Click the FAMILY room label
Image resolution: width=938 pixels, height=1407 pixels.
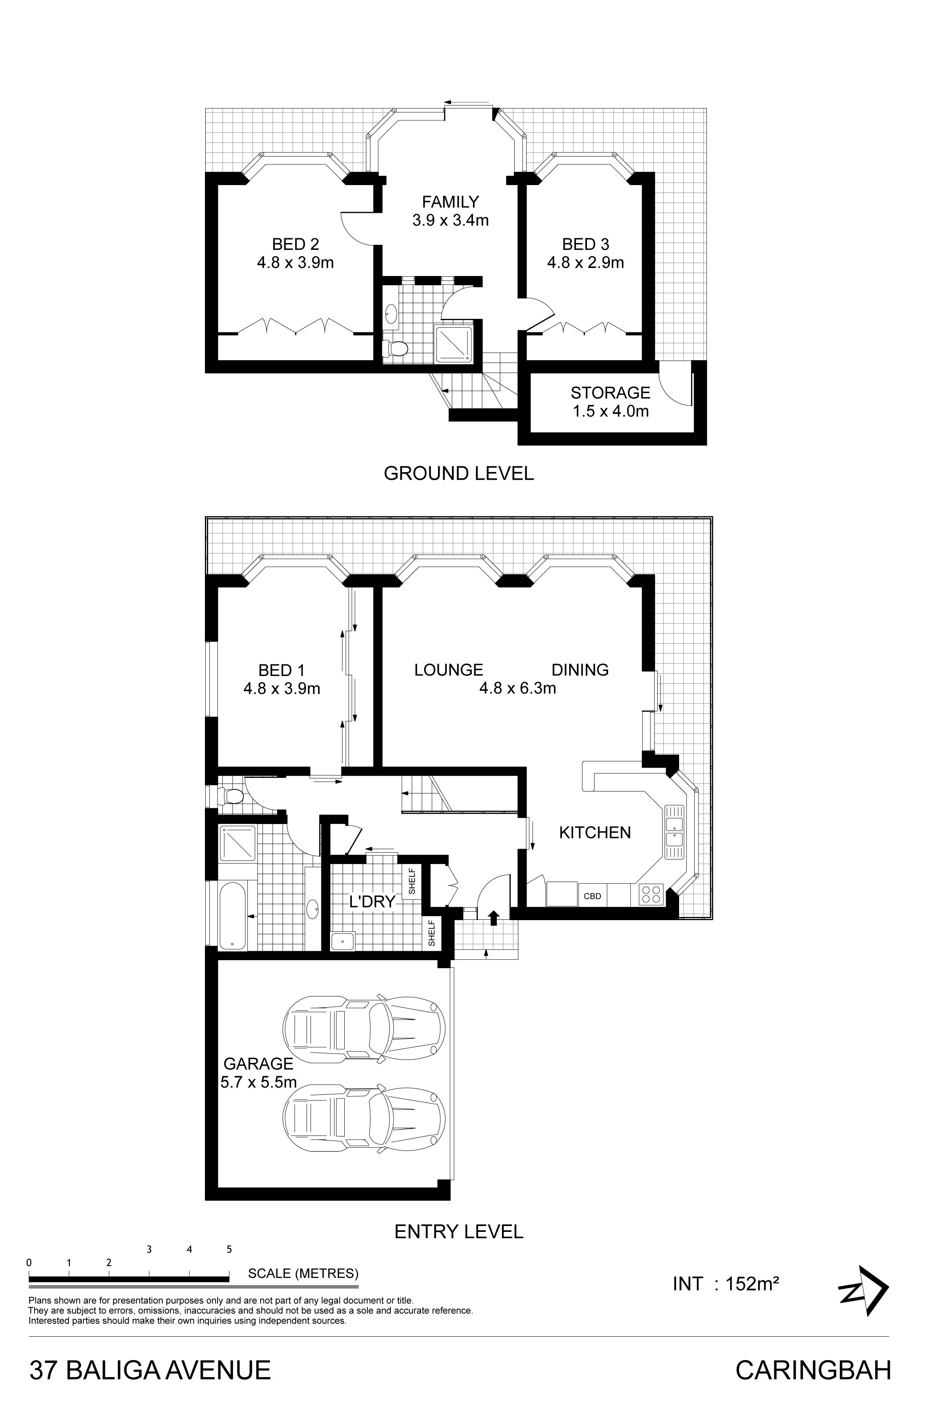click(450, 202)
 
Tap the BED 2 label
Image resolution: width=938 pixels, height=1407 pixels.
click(295, 244)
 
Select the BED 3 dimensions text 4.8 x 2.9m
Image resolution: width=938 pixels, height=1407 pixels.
click(586, 262)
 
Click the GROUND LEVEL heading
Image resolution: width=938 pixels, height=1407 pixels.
click(459, 473)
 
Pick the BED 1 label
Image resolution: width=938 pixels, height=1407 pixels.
click(282, 670)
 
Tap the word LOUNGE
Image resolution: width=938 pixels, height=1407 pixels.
click(449, 670)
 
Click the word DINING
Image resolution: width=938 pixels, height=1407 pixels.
click(580, 670)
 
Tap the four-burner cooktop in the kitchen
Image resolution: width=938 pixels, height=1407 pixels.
click(651, 894)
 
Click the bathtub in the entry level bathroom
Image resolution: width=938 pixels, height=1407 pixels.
click(232, 916)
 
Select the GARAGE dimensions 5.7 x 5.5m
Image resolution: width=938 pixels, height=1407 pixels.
click(259, 1082)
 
